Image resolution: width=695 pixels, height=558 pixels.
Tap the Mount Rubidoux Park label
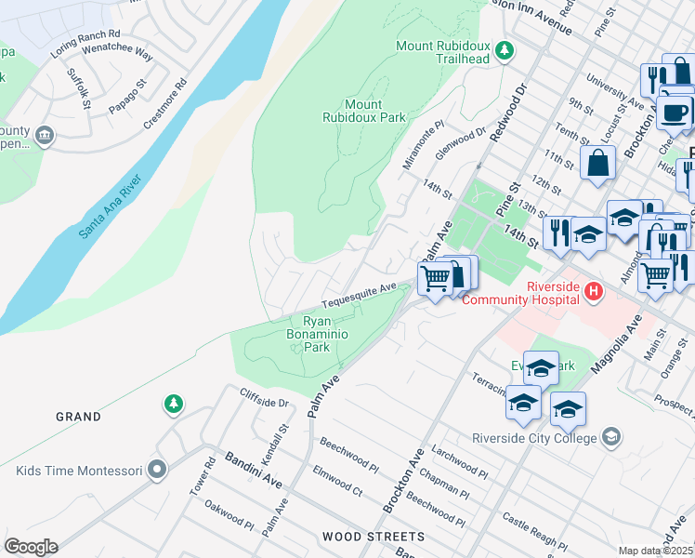364,111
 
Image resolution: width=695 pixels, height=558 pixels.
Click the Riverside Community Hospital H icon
595,294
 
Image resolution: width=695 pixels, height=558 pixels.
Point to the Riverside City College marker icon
611,436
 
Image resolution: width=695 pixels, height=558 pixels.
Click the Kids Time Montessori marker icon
157,470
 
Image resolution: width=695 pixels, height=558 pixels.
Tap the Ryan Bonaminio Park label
317,334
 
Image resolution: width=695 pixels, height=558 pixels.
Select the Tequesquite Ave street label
360,297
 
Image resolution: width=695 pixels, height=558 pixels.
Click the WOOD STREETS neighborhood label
374,537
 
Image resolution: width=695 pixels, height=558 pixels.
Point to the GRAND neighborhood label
78,417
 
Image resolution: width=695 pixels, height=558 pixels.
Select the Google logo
31,547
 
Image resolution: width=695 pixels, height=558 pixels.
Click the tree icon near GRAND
172,404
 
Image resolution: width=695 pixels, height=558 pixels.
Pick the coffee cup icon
674,112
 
